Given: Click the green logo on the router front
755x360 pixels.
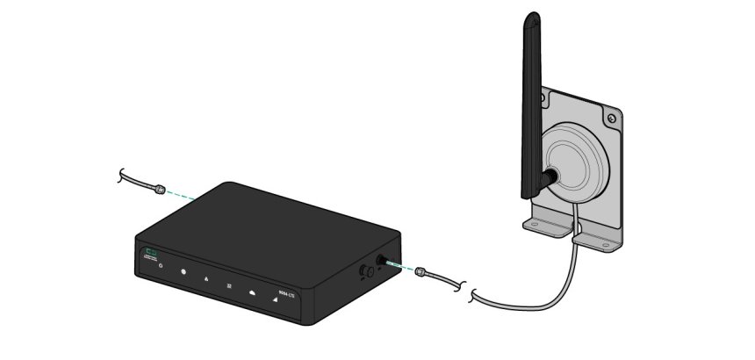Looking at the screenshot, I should coord(152,253).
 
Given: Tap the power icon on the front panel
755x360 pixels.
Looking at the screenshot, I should coord(161,266).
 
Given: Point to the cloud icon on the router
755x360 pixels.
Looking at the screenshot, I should coord(252,292).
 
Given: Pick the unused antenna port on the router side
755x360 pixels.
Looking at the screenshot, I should coord(363,272).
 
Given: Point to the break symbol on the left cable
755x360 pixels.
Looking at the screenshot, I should coord(120,176).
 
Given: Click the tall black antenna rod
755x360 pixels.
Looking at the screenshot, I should coord(531,97).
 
